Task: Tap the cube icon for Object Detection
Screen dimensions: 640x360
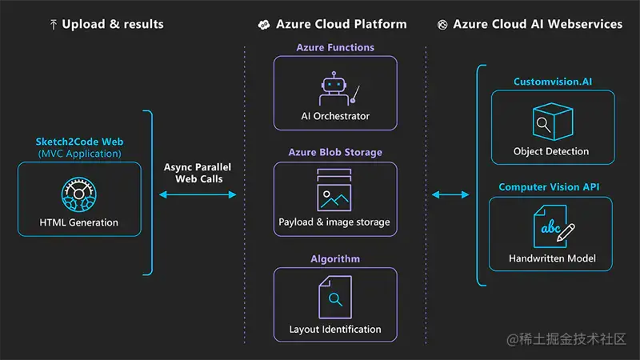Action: [553, 122]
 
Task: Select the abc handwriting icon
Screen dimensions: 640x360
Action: [554, 226]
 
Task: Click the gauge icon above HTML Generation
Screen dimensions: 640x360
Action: [79, 194]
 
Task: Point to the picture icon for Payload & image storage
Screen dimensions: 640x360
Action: [334, 190]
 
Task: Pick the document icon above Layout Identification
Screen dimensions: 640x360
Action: [335, 297]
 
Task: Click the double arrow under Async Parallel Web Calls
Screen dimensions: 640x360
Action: [198, 194]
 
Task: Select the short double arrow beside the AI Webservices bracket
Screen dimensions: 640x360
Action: [450, 194]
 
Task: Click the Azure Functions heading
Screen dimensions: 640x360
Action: [335, 47]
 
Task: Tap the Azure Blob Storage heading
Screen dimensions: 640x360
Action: [335, 152]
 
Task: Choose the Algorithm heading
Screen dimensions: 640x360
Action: [335, 258]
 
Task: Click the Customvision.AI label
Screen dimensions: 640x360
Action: [553, 82]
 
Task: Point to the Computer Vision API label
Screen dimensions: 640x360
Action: [549, 187]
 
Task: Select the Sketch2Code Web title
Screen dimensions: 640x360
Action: [79, 142]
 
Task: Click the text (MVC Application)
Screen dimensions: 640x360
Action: [79, 154]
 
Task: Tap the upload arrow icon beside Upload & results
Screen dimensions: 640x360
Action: [53, 25]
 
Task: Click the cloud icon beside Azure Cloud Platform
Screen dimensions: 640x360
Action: [264, 25]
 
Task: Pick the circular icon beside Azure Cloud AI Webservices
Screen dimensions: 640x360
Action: [442, 25]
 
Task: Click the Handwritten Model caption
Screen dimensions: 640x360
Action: [552, 258]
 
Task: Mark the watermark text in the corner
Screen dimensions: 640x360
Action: [566, 338]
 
